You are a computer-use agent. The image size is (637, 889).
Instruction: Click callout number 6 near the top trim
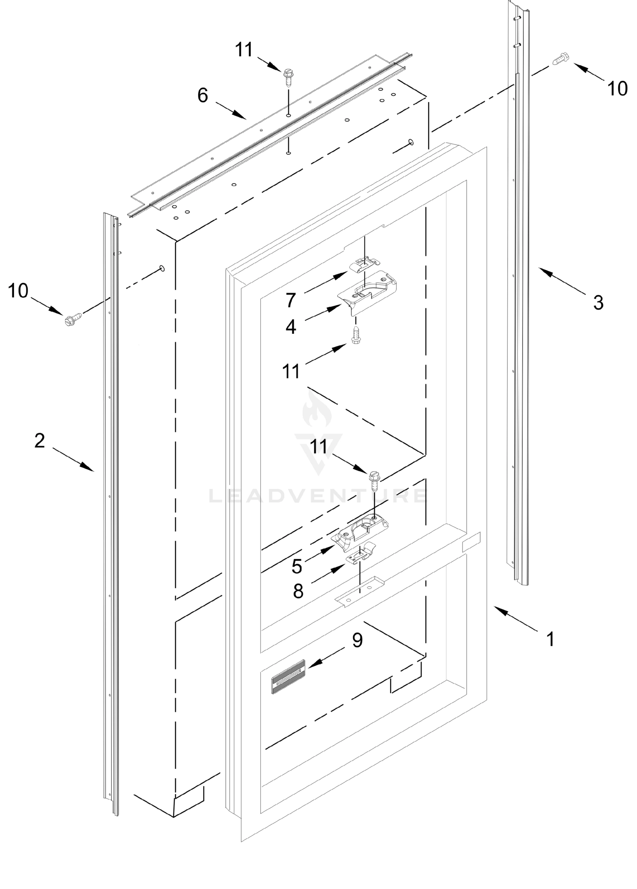point(202,95)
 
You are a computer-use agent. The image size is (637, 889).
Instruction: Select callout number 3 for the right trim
point(598,303)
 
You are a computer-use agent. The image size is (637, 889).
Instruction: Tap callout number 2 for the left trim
point(40,440)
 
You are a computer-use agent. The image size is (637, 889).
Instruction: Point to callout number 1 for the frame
point(550,639)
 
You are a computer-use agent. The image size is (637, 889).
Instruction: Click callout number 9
point(357,640)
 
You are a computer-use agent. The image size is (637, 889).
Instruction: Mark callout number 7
point(290,301)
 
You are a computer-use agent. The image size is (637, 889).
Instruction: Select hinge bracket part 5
point(361,530)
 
